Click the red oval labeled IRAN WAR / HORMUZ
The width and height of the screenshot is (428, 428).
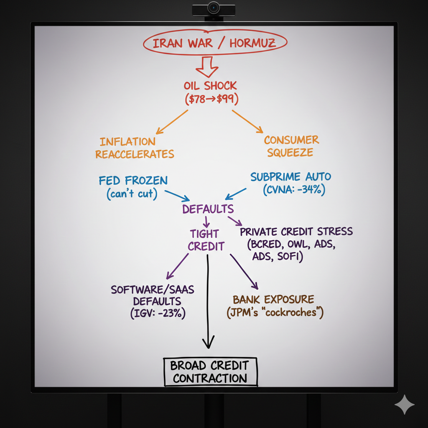click(215, 43)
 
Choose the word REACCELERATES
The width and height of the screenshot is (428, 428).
click(135, 154)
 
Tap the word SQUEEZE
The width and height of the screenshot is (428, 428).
click(290, 153)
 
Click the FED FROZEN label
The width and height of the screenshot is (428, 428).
click(133, 181)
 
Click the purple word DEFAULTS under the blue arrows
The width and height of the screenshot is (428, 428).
click(208, 209)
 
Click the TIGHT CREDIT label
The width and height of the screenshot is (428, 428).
click(206, 239)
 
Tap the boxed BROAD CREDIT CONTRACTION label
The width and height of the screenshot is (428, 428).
click(210, 372)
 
